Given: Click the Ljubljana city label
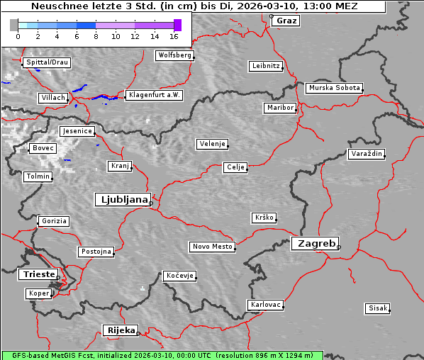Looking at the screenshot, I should pyautogui.click(x=122, y=200).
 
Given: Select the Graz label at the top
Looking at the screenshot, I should pyautogui.click(x=286, y=21).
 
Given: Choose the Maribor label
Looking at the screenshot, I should pyautogui.click(x=279, y=108).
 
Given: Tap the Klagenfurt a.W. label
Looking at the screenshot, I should pyautogui.click(x=154, y=95).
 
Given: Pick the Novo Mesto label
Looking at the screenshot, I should pyautogui.click(x=212, y=247).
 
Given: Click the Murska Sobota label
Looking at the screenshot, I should pyautogui.click(x=334, y=89).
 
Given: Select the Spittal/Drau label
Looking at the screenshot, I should pyautogui.click(x=46, y=62).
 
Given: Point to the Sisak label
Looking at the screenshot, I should pyautogui.click(x=377, y=308).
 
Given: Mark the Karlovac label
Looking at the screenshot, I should pyautogui.click(x=266, y=305).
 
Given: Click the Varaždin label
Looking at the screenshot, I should pyautogui.click(x=366, y=154).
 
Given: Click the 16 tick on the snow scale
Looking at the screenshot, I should pyautogui.click(x=174, y=35).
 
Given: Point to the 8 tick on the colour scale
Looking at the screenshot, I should pyautogui.click(x=96, y=35).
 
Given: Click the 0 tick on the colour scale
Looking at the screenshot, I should pyautogui.click(x=17, y=35).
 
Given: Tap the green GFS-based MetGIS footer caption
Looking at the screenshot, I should pyautogui.click(x=162, y=354).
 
